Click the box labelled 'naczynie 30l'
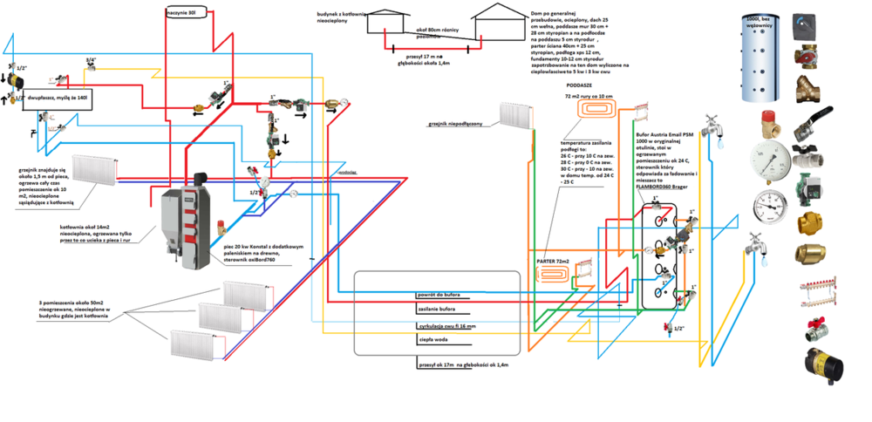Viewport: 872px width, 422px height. [186, 13]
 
